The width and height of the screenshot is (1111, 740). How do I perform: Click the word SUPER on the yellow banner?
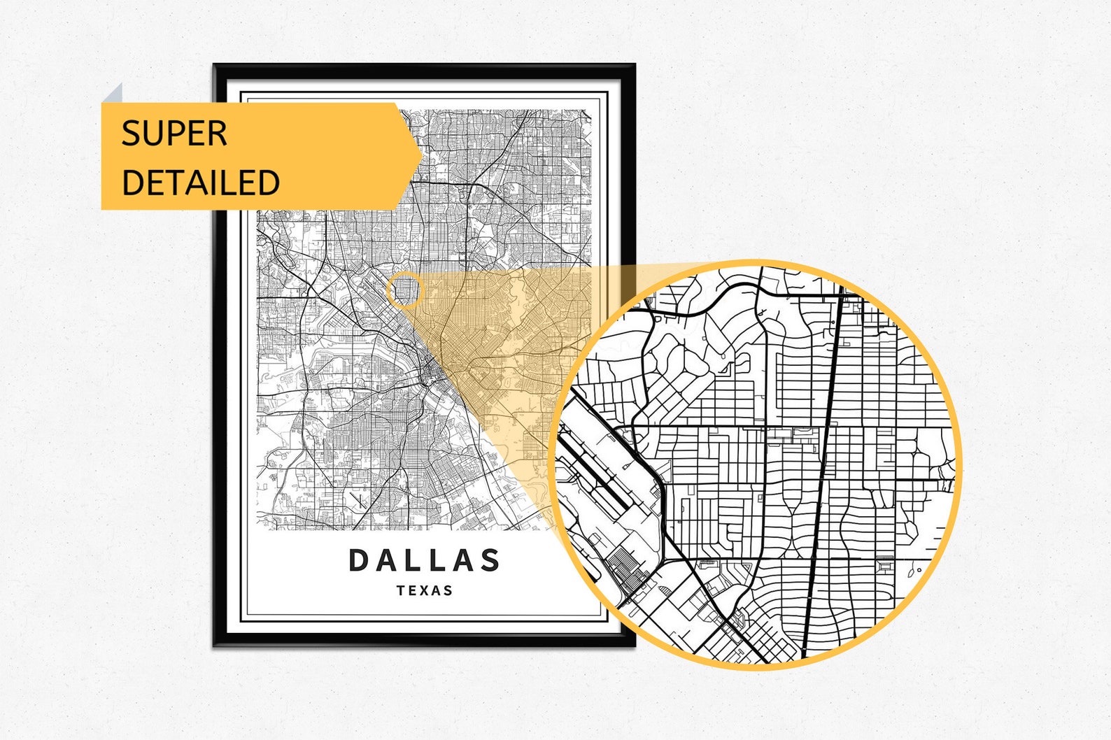[x=174, y=133]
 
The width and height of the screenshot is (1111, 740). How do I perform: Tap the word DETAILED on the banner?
[x=201, y=182]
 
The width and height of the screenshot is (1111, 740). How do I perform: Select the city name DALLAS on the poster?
[x=424, y=560]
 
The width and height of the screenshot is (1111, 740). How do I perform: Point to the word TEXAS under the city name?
[x=425, y=590]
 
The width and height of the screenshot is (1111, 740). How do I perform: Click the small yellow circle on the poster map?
[x=405, y=290]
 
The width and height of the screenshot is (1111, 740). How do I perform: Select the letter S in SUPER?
[x=130, y=133]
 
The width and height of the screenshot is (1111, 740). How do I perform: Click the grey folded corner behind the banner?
[x=113, y=94]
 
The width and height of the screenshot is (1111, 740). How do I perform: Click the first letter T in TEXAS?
[x=401, y=590]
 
